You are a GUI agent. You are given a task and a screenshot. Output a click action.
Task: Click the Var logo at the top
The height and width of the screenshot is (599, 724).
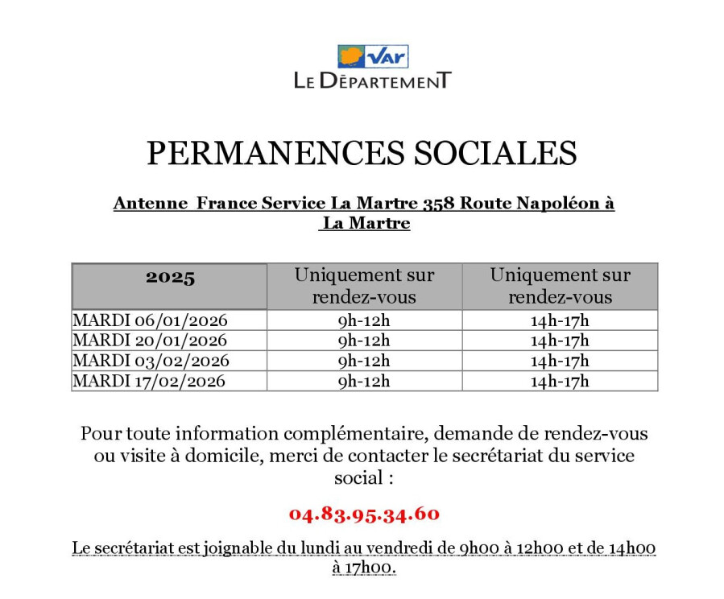coord(373,56)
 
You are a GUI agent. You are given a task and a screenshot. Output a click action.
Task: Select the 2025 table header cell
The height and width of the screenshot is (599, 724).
coord(170,279)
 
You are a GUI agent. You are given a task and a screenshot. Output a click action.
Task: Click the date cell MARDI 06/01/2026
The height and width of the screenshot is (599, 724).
coord(150,320)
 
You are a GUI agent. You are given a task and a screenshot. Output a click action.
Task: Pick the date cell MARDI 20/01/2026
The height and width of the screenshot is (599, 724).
coord(150,341)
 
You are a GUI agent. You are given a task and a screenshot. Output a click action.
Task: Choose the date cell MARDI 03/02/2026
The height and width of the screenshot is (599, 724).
coord(151,361)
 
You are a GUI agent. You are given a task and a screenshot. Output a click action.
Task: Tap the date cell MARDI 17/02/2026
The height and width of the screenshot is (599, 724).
coord(149,381)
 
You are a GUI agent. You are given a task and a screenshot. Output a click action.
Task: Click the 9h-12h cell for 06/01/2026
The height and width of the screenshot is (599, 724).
coord(364,320)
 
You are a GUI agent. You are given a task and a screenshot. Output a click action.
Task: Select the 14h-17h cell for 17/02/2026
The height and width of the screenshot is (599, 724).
coord(560,381)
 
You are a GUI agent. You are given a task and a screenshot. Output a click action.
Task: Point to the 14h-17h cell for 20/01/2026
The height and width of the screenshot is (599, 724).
coord(560,341)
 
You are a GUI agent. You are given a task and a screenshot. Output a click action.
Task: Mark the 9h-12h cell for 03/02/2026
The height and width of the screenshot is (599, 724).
coord(364,361)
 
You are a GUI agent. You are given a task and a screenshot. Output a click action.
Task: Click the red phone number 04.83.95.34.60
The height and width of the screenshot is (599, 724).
coord(364,514)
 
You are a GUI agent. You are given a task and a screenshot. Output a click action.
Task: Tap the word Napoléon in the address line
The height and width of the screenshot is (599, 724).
coord(557,204)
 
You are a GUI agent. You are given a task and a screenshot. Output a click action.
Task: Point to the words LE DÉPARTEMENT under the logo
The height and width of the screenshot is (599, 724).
coord(373,81)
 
